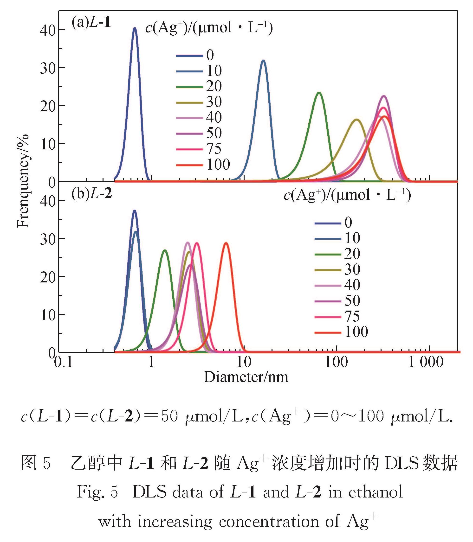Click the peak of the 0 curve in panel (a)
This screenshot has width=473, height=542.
[135, 28]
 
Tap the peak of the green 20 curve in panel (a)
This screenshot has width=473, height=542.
[319, 93]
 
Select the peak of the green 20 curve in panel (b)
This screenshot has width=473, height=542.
[165, 250]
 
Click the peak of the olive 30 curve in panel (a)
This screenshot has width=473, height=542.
[356, 120]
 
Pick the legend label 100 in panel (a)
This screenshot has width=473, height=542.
[218, 165]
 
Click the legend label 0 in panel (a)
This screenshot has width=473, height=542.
[210, 55]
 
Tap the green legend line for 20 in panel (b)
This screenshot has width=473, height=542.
[328, 254]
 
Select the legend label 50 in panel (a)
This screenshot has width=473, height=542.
[214, 133]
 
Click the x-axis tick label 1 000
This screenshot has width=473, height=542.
[426, 362]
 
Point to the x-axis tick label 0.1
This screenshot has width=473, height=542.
[63, 362]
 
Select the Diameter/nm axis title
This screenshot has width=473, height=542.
[246, 377]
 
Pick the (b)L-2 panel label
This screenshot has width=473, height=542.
[91, 194]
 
